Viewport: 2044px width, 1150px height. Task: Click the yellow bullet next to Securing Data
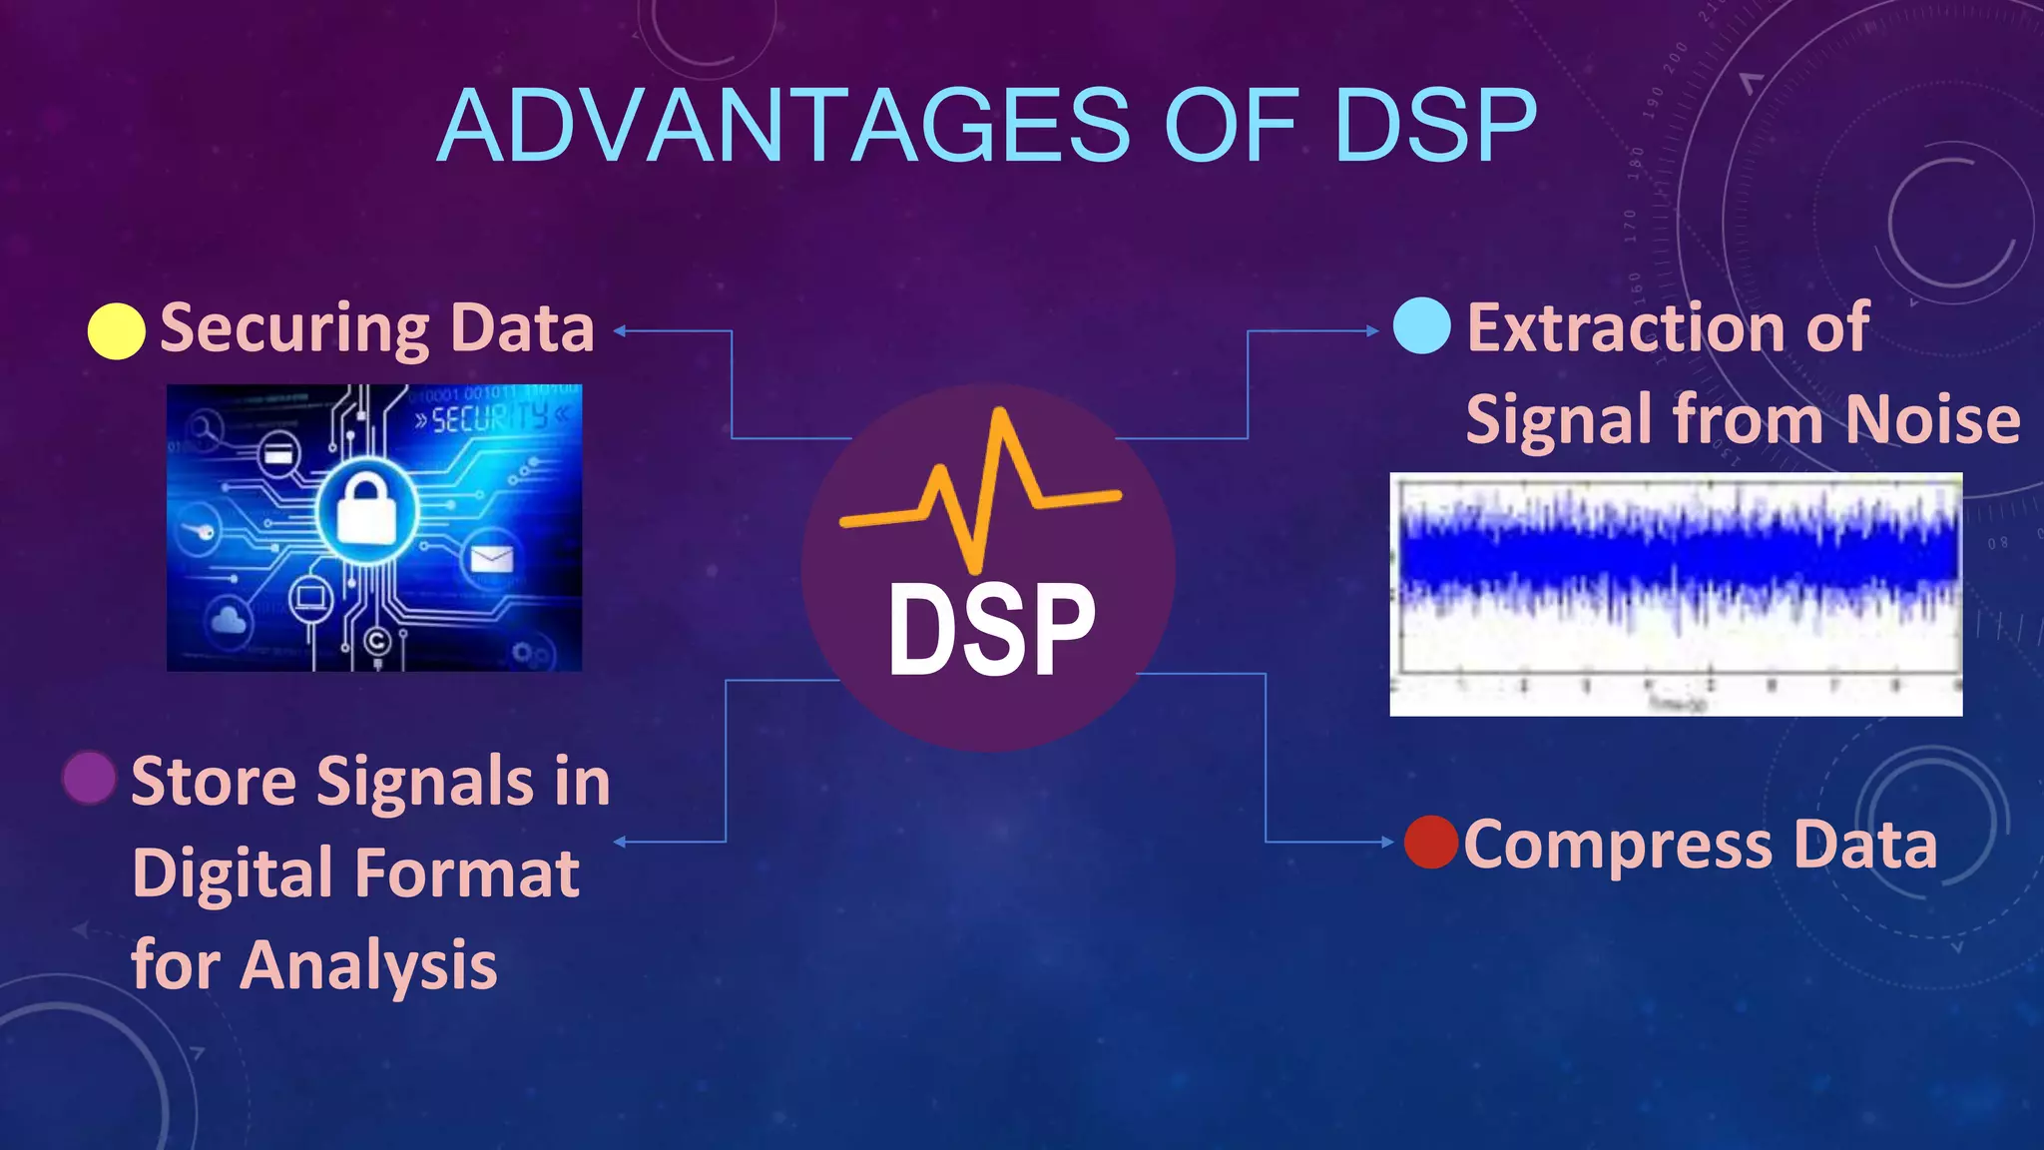pos(117,330)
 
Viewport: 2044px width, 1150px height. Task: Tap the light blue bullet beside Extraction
pos(1421,326)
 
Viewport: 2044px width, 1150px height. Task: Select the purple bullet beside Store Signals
pos(89,779)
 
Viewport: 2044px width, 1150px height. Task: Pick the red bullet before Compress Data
pos(1431,843)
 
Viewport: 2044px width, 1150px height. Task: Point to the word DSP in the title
pos(1435,126)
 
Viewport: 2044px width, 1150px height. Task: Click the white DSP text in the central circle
pos(991,631)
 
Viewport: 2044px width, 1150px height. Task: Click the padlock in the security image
pos(365,509)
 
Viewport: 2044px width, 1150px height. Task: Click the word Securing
pos(294,328)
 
